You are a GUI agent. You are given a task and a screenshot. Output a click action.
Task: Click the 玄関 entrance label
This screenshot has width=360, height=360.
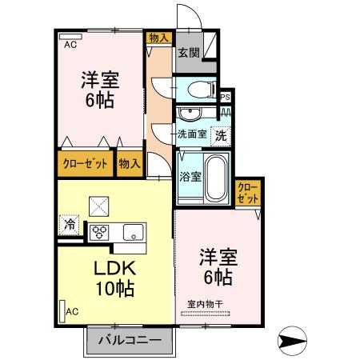pos(189,54)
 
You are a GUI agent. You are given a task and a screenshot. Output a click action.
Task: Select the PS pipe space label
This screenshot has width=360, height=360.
pos(226,98)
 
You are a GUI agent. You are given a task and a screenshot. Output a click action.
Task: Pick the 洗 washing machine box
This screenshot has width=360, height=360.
pos(220,135)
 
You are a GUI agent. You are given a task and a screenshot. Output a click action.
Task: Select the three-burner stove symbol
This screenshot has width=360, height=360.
pos(100,232)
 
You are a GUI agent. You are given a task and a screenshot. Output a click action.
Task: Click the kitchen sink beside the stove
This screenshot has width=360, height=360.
pos(133,232)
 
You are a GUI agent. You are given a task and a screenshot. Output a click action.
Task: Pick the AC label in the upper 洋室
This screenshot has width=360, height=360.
pos(70,45)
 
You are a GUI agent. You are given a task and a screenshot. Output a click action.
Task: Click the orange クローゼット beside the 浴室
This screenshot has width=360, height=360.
pos(248,192)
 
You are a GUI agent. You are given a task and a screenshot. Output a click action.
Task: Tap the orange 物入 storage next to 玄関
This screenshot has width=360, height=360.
pos(158,37)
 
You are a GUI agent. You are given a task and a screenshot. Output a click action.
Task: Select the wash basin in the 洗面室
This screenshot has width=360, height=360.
pos(190,113)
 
